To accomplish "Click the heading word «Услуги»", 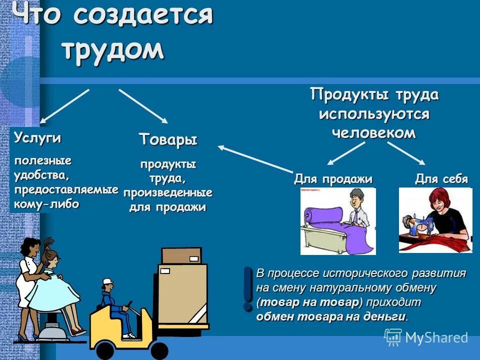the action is click(37, 138).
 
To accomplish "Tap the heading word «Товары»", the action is click(168, 139).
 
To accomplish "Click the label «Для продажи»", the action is click(333, 179).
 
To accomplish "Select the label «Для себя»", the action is click(441, 179).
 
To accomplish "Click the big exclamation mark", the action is click(247, 288).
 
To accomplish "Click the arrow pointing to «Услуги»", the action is click(64, 106).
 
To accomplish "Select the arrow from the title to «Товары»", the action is click(143, 106).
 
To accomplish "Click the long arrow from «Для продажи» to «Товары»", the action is click(255, 158).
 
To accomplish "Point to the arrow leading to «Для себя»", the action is click(406, 153).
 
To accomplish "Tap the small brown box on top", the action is click(180, 256).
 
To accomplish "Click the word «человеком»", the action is click(374, 132).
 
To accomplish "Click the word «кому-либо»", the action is click(47, 204).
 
